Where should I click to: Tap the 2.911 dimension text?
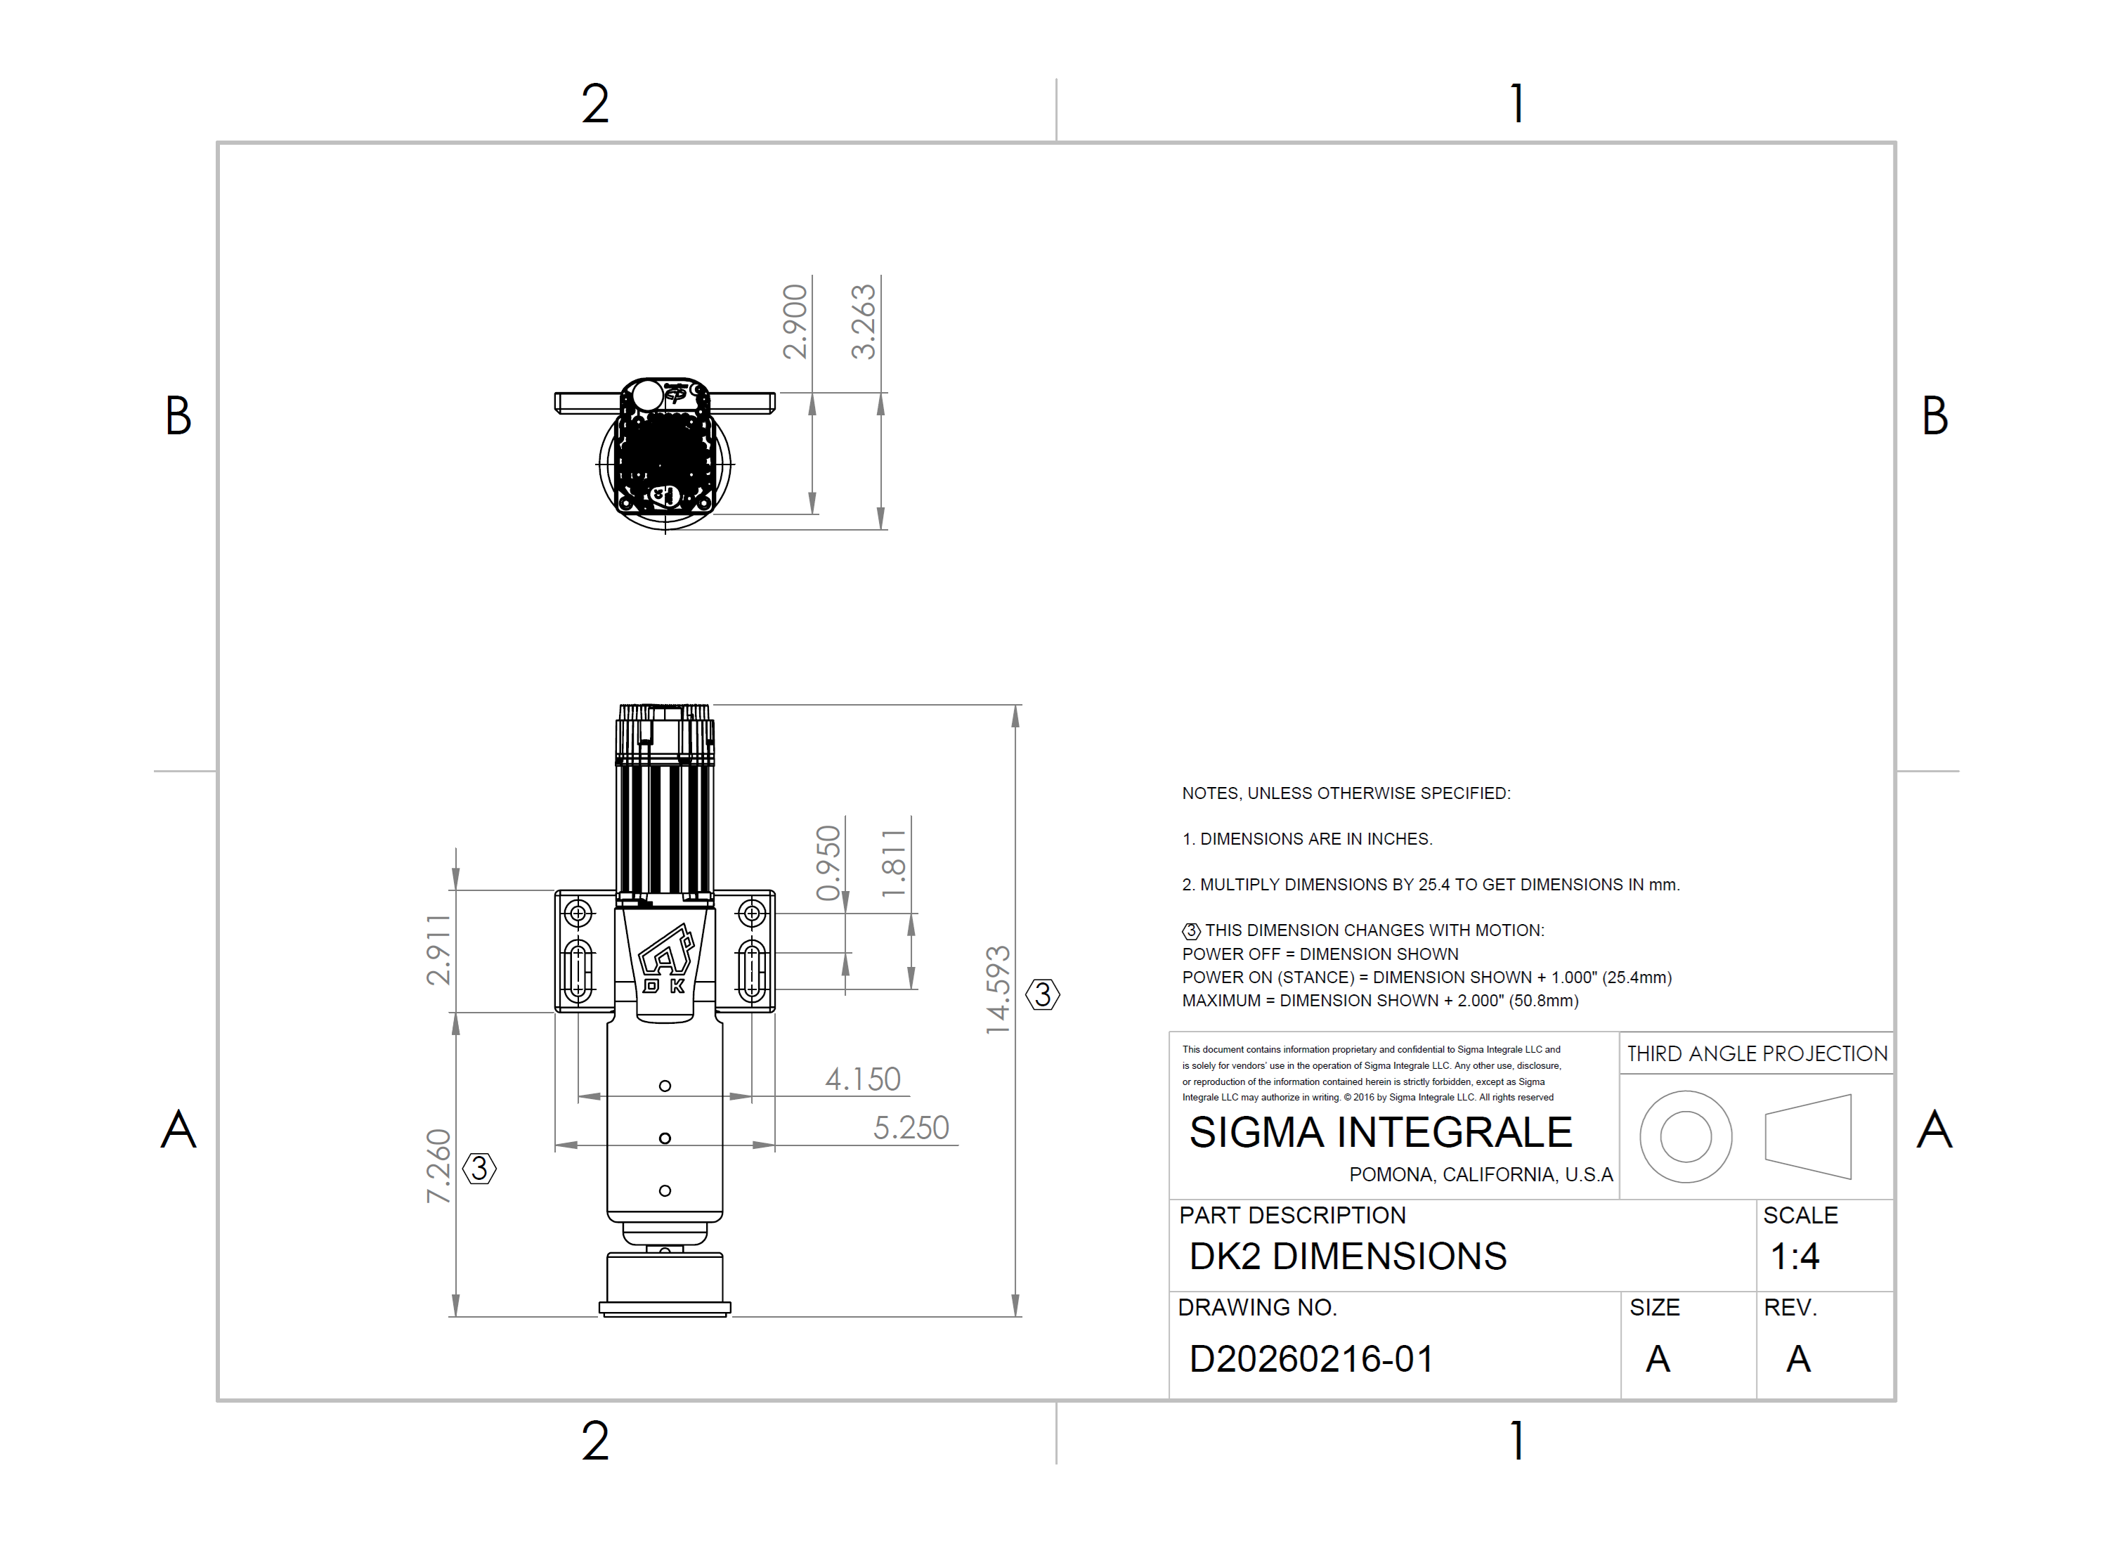tap(438, 950)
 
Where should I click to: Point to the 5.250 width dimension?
tap(911, 1128)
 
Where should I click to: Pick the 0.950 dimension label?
tap(828, 863)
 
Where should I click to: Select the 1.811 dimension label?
tap(894, 863)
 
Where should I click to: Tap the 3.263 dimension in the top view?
tap(863, 322)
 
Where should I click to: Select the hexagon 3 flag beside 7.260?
tap(479, 1168)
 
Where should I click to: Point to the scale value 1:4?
tap(1794, 1256)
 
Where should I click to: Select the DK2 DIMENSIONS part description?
tap(1347, 1256)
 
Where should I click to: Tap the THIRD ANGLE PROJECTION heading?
tap(1756, 1054)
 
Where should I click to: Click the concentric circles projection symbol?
tap(1685, 1136)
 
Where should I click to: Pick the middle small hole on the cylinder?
tap(664, 1138)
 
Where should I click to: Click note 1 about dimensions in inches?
tap(1306, 838)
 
